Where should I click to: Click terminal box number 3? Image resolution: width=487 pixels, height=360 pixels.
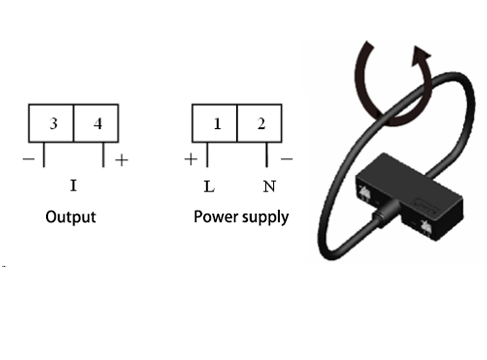click(51, 123)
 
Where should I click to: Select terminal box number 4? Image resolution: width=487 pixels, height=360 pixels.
click(96, 123)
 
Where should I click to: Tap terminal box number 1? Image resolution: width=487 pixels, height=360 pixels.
click(215, 123)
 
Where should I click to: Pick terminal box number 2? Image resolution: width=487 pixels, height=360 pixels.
click(260, 123)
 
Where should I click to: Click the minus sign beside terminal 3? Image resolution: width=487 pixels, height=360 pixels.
click(29, 159)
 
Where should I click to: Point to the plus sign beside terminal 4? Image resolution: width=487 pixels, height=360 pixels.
click(121, 160)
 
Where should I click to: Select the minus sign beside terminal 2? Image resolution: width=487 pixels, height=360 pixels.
click(287, 159)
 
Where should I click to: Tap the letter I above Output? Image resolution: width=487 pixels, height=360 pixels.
click(73, 186)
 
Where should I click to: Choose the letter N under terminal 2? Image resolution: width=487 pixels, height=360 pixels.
click(269, 187)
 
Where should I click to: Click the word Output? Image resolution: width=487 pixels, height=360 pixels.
click(71, 217)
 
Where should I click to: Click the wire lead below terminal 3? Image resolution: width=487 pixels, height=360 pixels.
click(44, 154)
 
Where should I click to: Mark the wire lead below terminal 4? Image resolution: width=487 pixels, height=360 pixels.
click(103, 154)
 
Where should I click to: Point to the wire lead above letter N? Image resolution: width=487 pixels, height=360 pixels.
click(266, 154)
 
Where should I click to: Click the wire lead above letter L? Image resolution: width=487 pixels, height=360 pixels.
click(207, 154)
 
